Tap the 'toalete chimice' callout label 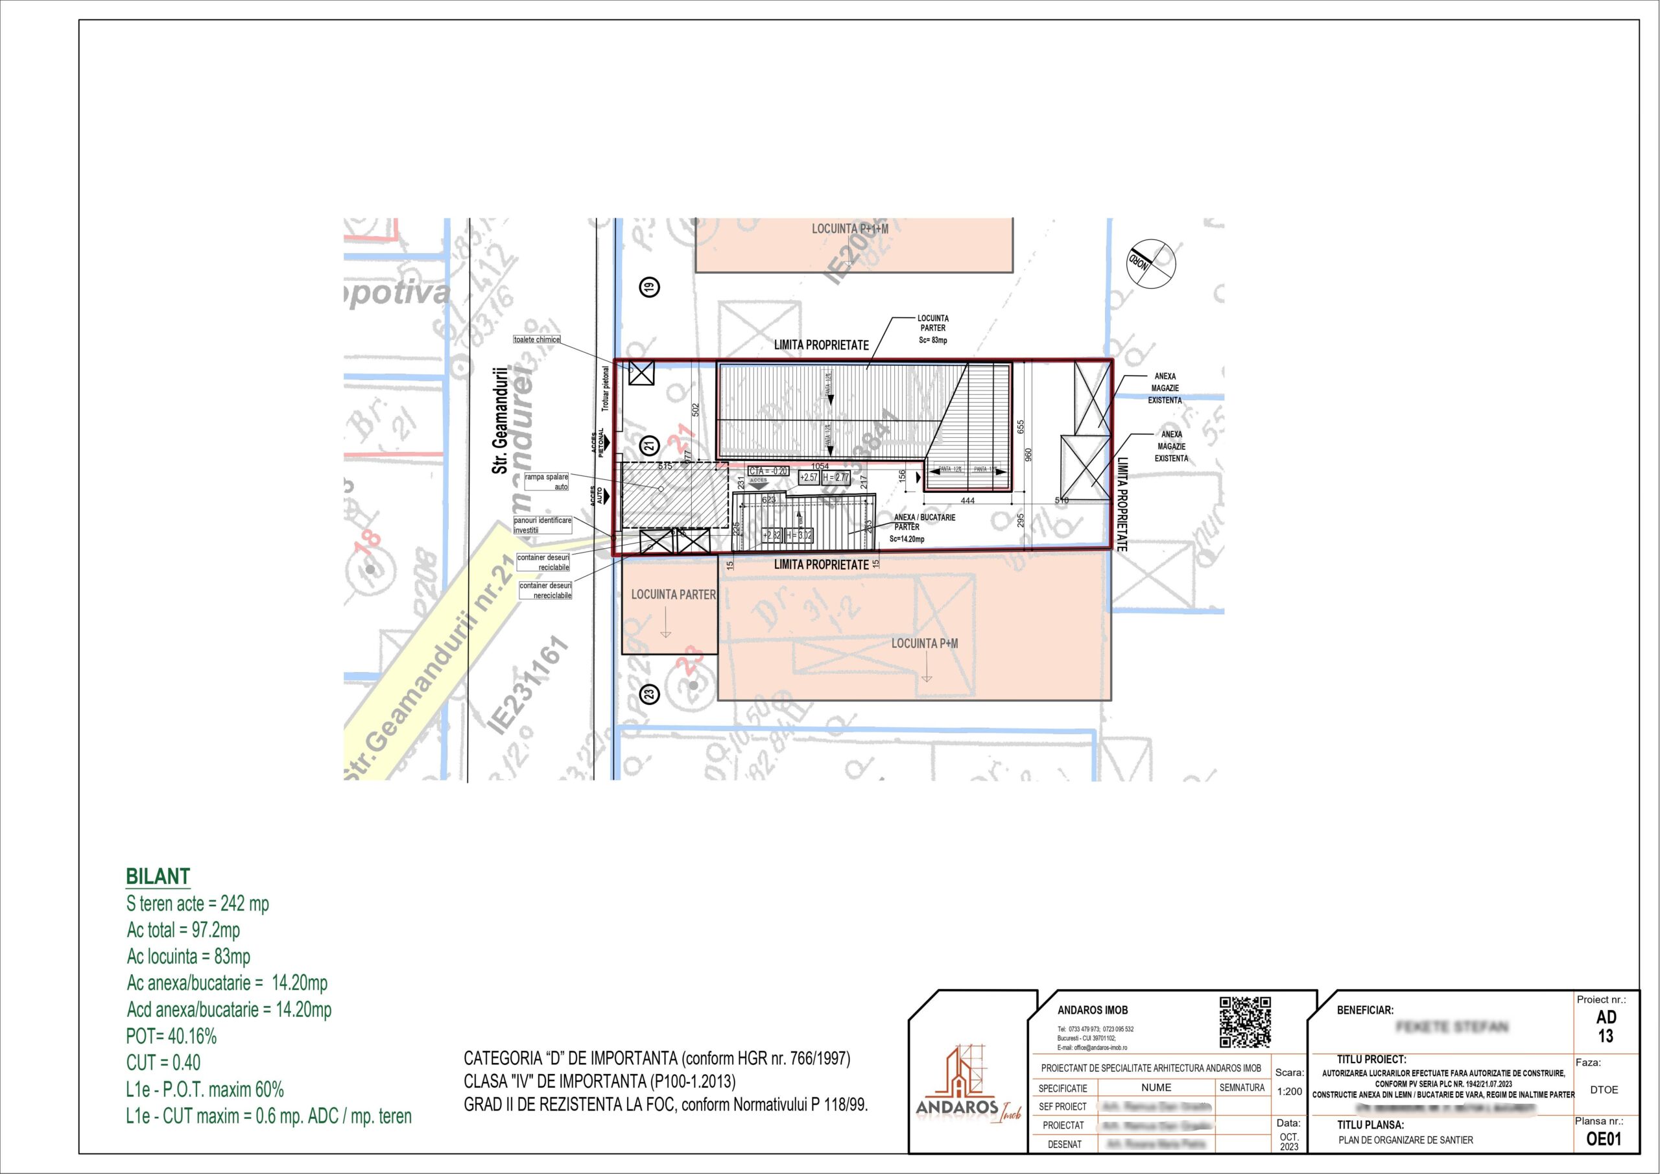pyautogui.click(x=536, y=339)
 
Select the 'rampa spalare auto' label pyautogui.click(x=547, y=482)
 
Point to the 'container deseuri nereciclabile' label pyautogui.click(x=545, y=590)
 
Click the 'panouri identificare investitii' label pyautogui.click(x=542, y=525)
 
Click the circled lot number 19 pyautogui.click(x=649, y=287)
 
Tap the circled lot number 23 pyautogui.click(x=649, y=695)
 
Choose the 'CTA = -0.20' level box pyautogui.click(x=768, y=471)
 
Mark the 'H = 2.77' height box pyautogui.click(x=836, y=477)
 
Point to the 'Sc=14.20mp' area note pyautogui.click(x=907, y=539)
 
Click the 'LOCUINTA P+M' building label pyautogui.click(x=924, y=643)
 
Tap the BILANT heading pyautogui.click(x=158, y=876)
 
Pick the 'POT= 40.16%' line pyautogui.click(x=171, y=1036)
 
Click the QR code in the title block pyautogui.click(x=1245, y=1022)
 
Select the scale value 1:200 pyautogui.click(x=1289, y=1092)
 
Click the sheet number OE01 pyautogui.click(x=1604, y=1139)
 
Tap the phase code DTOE pyautogui.click(x=1604, y=1090)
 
